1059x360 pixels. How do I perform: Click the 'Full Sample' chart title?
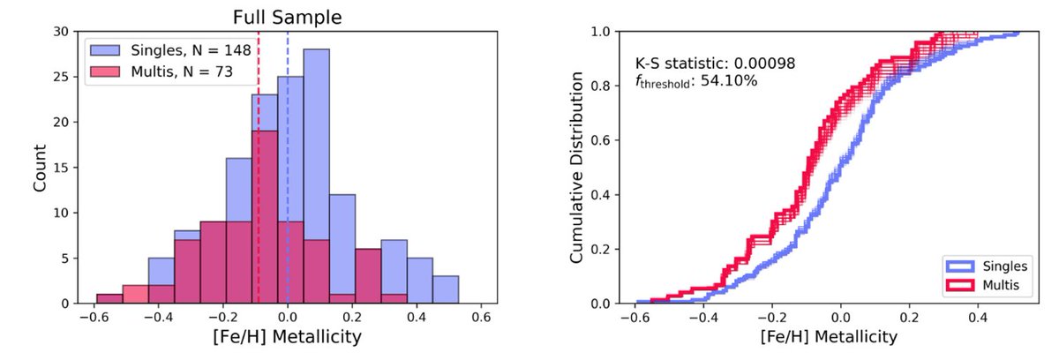tap(287, 17)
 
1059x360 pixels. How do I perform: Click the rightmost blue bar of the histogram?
tap(446, 289)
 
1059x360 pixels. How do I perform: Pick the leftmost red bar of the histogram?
tap(109, 298)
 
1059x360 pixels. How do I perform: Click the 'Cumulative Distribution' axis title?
tap(576, 168)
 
